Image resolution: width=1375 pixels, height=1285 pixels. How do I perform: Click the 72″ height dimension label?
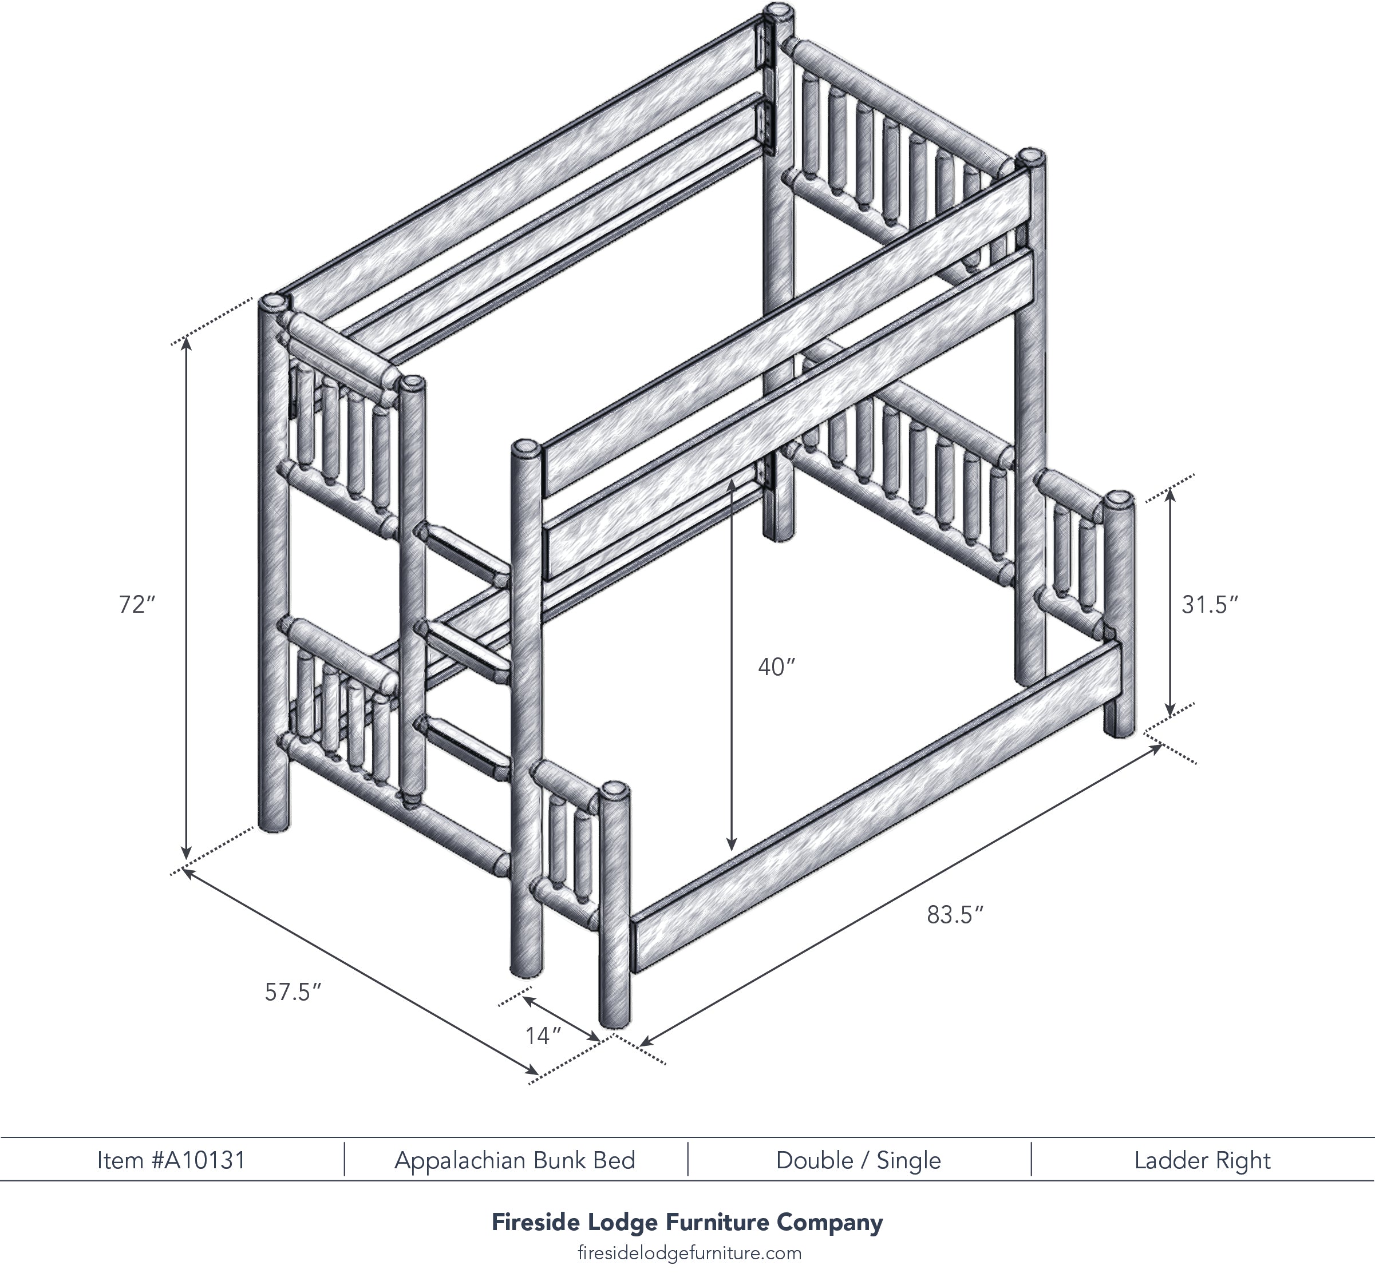137,604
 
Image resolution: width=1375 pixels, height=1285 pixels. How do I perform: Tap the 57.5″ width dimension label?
293,993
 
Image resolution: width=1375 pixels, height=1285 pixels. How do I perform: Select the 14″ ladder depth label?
543,1036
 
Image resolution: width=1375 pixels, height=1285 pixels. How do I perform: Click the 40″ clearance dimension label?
777,667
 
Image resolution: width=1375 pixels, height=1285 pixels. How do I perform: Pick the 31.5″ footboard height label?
1209,605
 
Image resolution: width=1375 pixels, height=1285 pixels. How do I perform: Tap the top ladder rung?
464,551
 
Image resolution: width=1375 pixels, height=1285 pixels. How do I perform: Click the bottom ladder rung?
464,748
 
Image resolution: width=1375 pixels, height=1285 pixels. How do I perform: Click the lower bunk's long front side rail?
877,807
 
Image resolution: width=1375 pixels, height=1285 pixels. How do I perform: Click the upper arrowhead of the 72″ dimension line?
186,346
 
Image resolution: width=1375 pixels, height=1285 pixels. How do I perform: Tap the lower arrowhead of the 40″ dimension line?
731,844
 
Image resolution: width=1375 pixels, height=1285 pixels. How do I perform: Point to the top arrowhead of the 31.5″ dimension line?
1169,494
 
